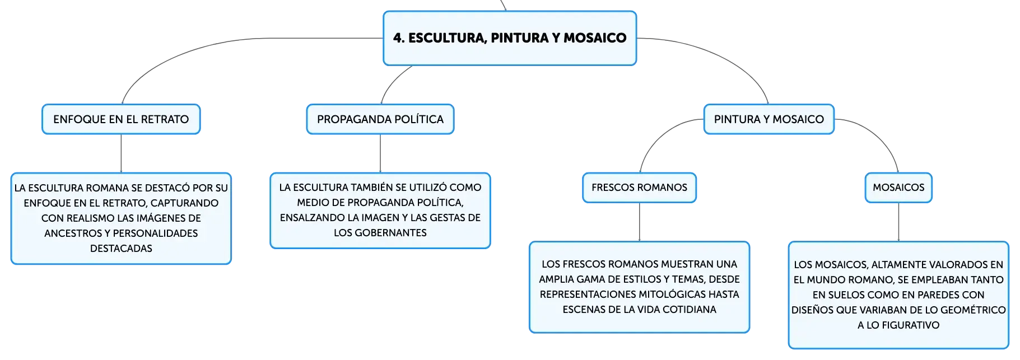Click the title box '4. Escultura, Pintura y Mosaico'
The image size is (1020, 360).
tap(510, 38)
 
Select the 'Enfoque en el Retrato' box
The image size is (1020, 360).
tap(121, 119)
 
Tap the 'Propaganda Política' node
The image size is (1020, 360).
tap(380, 119)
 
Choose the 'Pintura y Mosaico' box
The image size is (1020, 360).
tap(769, 119)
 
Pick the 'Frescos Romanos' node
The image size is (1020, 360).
tap(640, 188)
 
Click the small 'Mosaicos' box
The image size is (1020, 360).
tap(898, 188)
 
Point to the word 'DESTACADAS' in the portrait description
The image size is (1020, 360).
tap(121, 248)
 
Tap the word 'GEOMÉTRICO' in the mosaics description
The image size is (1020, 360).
tap(973, 310)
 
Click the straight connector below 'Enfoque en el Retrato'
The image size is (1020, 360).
tap(121, 153)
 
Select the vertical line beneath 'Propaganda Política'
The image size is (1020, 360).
tap(380, 153)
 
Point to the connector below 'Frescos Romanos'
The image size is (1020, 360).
tap(640, 222)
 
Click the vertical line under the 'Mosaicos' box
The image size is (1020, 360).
tap(898, 222)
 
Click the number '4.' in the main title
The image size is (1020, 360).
tap(398, 38)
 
